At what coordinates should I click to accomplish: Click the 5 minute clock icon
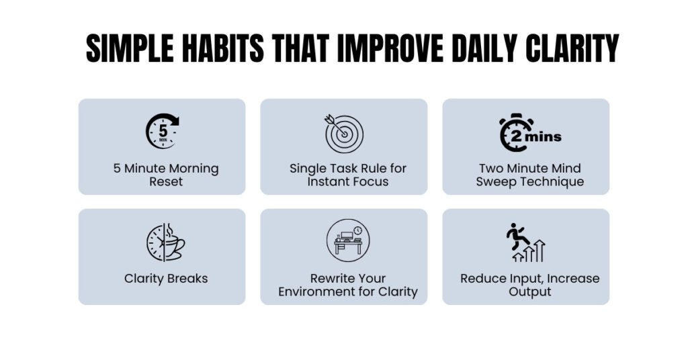163,132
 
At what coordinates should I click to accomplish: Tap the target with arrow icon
343,132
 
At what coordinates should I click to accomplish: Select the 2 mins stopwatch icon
529,132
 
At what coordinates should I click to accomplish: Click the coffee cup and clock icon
165,242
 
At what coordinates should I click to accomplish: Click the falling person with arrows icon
525,242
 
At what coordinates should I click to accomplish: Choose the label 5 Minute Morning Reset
165,175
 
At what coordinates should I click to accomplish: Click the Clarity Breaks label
165,278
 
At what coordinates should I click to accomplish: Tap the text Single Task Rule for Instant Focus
347,175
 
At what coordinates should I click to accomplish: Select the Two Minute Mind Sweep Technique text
529,175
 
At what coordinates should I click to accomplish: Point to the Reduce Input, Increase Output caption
529,285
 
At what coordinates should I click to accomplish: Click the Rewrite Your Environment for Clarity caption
347,285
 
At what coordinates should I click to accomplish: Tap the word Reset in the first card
165,181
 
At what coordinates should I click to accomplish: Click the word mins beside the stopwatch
543,136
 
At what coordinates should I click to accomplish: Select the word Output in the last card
529,291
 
